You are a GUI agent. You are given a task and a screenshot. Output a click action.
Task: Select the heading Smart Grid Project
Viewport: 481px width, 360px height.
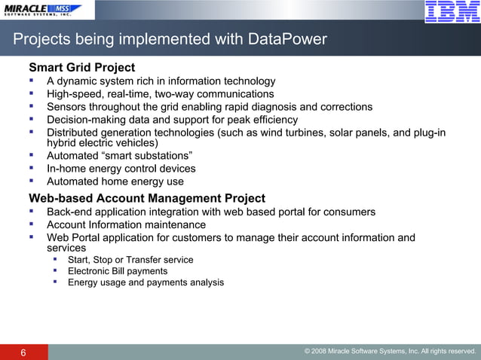(81, 68)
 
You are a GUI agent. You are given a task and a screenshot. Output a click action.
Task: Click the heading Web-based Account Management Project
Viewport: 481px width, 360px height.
(147, 198)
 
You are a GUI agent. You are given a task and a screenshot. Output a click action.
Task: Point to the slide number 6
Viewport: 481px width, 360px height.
(23, 352)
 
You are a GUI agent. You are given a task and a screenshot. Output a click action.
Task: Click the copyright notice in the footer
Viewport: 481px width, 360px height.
(390, 352)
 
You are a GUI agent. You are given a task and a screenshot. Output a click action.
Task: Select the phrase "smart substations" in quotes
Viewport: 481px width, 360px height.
(146, 156)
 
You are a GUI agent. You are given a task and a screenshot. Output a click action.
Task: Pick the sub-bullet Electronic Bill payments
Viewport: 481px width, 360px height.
(118, 271)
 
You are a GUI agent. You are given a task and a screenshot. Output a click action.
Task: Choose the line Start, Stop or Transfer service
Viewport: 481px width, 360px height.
(130, 260)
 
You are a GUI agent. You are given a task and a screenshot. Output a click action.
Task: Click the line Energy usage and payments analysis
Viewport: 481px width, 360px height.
(146, 282)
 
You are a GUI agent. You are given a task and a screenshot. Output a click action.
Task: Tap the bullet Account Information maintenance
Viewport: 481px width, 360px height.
(126, 224)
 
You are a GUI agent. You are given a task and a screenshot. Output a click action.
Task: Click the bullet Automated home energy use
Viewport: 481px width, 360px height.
(115, 182)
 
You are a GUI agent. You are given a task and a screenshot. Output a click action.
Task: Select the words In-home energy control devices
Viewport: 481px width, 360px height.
(121, 169)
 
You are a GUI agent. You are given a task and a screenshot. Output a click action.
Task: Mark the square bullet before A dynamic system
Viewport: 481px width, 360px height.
(32, 81)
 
